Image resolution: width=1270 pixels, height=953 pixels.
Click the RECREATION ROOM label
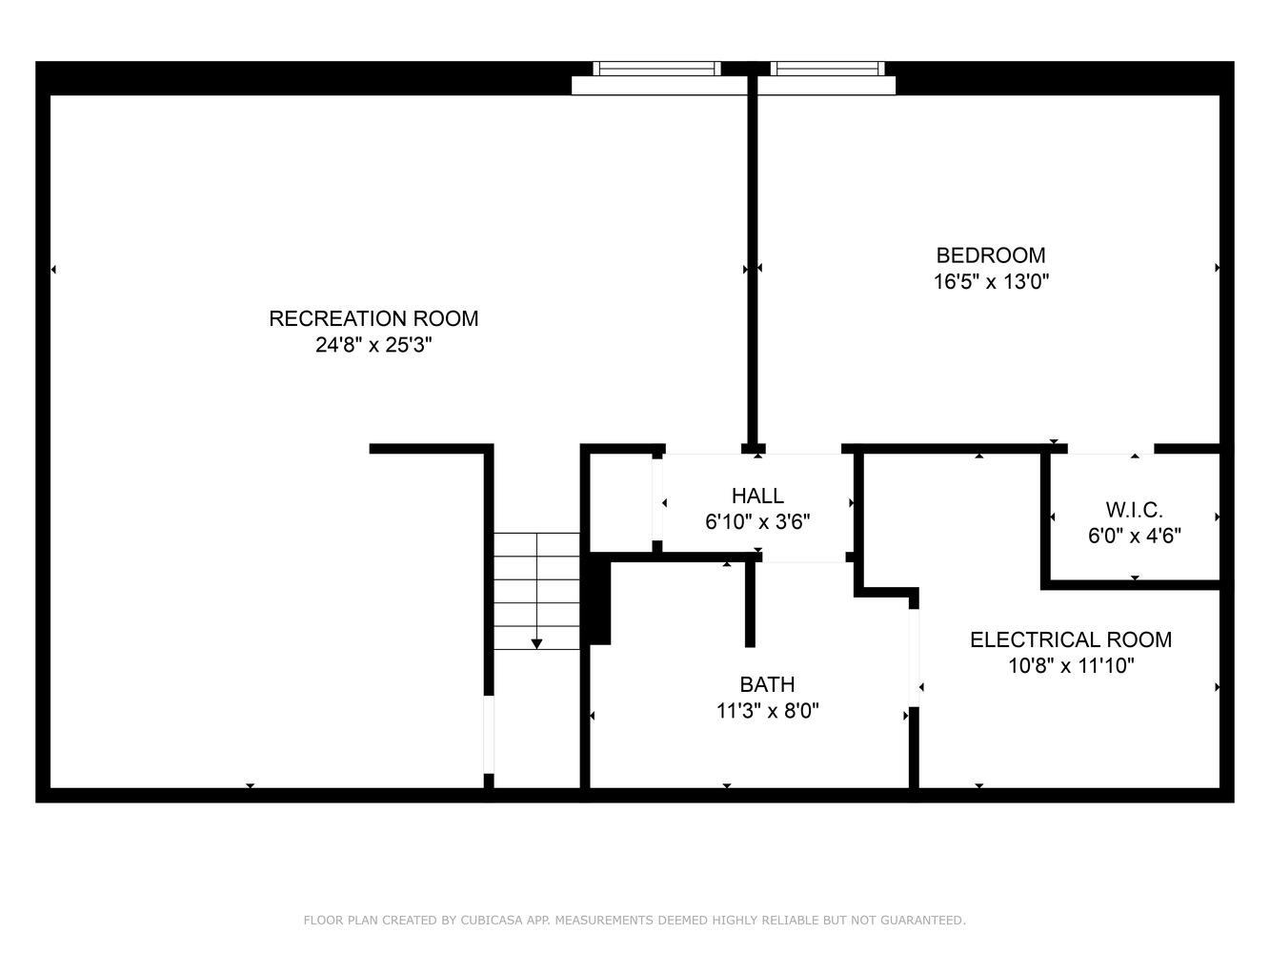pos(373,319)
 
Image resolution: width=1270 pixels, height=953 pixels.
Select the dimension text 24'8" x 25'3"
pos(373,345)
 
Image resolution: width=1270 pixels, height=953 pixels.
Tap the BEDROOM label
pos(991,255)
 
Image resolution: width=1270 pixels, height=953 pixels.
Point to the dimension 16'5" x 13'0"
pos(991,282)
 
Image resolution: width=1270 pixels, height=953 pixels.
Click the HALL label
pos(757,496)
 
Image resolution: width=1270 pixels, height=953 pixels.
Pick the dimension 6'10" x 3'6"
pos(757,522)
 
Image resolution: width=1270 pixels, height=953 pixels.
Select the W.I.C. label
pos(1134,510)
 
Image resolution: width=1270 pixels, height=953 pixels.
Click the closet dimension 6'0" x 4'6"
pos(1134,536)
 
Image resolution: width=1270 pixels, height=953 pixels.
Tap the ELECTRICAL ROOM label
pos(1071,640)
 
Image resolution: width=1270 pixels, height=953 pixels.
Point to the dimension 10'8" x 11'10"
pos(1071,666)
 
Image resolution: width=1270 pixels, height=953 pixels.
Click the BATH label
pos(767,684)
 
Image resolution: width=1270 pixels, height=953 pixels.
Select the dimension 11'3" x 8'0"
pos(767,711)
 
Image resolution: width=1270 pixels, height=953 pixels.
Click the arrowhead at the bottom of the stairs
pos(536,644)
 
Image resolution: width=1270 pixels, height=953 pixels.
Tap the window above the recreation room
pos(656,69)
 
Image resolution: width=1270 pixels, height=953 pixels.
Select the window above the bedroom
pos(827,69)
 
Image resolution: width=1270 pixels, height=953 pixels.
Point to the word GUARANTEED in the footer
pos(925,921)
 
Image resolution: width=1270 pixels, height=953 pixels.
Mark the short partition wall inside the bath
pos(750,605)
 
